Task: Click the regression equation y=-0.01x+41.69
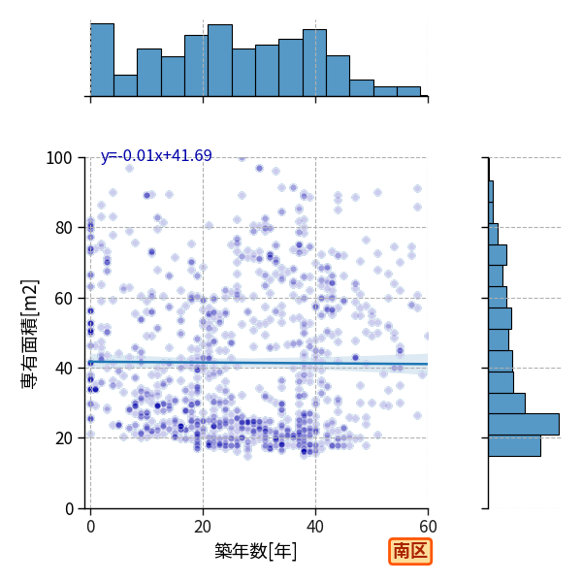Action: pyautogui.click(x=156, y=155)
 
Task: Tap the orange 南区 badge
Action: pyautogui.click(x=410, y=551)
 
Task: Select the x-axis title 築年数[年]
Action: pyautogui.click(x=256, y=551)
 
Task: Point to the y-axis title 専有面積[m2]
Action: pyautogui.click(x=30, y=334)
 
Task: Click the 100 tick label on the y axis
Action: pyautogui.click(x=58, y=158)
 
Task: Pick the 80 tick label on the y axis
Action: pyautogui.click(x=63, y=228)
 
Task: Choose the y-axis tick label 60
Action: pyautogui.click(x=63, y=299)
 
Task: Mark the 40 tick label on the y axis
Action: pyautogui.click(x=63, y=369)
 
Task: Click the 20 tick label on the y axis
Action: pyautogui.click(x=63, y=438)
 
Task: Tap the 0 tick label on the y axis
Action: pyautogui.click(x=69, y=509)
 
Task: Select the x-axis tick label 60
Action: pyautogui.click(x=428, y=527)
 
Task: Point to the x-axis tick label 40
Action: pyautogui.click(x=315, y=527)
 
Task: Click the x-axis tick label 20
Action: pyautogui.click(x=203, y=527)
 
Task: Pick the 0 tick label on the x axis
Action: pyautogui.click(x=91, y=527)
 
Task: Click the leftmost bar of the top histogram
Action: pyautogui.click(x=103, y=60)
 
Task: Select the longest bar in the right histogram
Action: pyautogui.click(x=524, y=424)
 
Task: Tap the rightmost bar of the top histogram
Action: pyautogui.click(x=408, y=92)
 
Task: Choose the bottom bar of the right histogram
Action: pyautogui.click(x=514, y=446)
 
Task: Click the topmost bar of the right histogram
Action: pyautogui.click(x=491, y=191)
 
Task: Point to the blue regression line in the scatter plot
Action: pyautogui.click(x=259, y=363)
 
